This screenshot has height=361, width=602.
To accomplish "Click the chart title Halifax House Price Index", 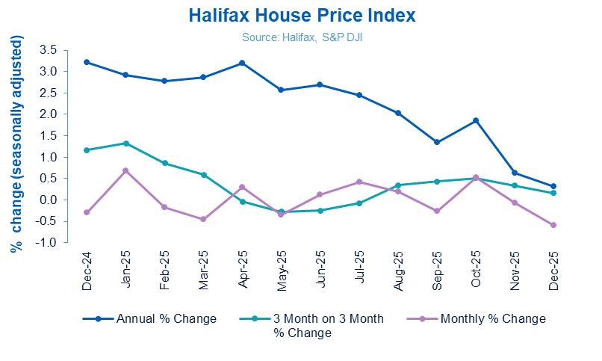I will coord(301,15).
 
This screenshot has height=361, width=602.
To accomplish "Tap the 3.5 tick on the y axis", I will coord(49,49).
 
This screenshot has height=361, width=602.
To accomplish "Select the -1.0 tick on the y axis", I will coord(47,243).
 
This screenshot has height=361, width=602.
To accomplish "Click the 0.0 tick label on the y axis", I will coord(49,200).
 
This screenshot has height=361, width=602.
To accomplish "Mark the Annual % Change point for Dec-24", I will coord(87,62).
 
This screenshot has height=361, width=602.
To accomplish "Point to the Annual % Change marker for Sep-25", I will coord(436,142).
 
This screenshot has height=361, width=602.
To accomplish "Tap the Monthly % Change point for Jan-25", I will coord(125,170).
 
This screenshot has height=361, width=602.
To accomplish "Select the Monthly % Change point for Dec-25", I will coord(553,225).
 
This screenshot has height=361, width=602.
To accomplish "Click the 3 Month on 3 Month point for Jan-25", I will coord(125,143).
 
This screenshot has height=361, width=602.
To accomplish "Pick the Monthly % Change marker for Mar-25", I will coord(203,219).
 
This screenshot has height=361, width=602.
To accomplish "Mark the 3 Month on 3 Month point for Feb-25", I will coord(164,163).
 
